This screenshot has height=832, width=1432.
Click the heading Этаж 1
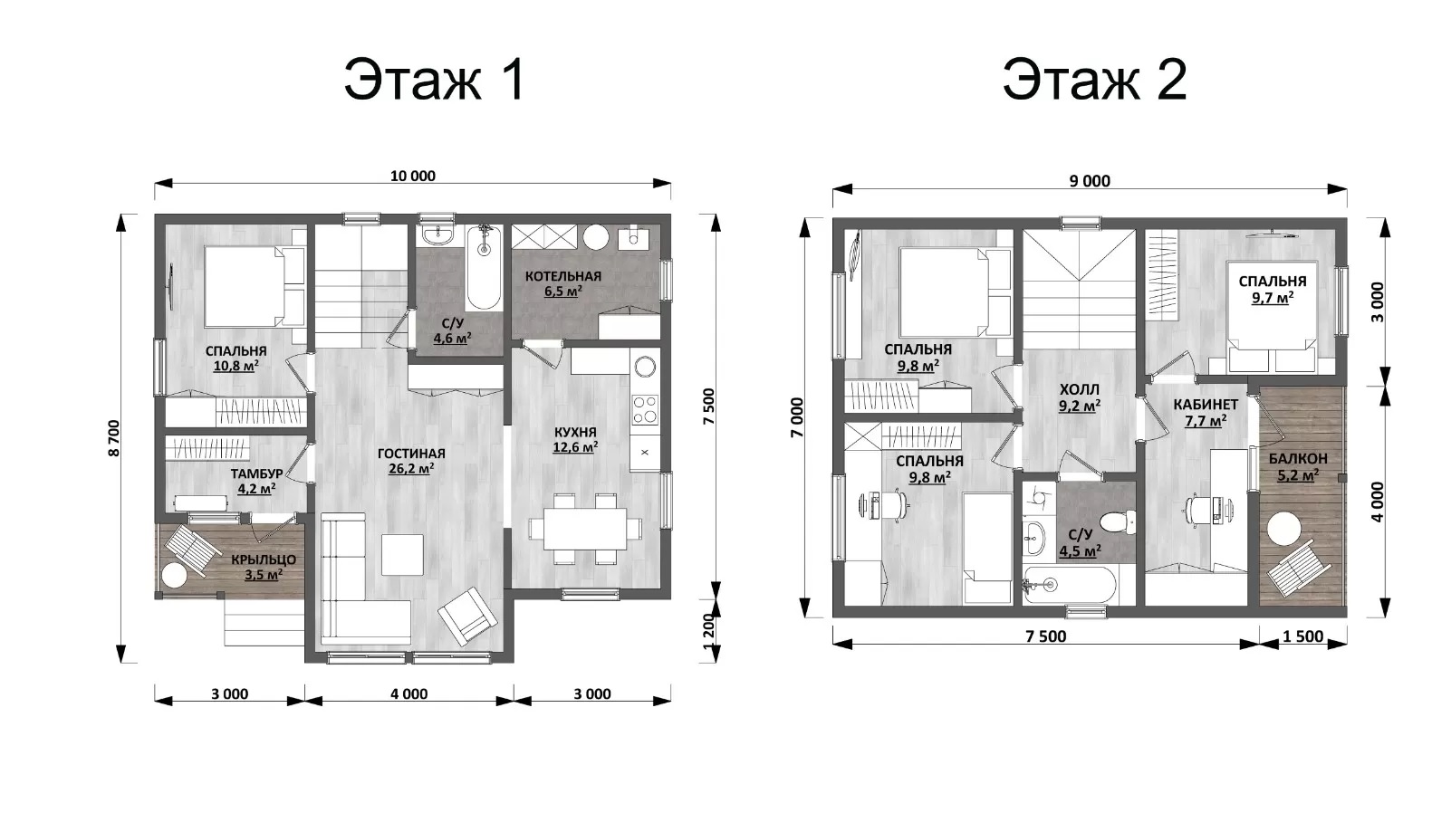click(435, 80)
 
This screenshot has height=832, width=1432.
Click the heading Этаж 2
click(1094, 80)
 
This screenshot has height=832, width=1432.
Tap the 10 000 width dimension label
click(413, 176)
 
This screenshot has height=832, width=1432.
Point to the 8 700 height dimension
click(114, 437)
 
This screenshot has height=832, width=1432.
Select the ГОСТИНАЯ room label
click(411, 454)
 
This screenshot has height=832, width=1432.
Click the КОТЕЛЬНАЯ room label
click(563, 276)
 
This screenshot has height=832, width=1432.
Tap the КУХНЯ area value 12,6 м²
click(575, 446)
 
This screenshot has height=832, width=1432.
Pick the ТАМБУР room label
click(256, 473)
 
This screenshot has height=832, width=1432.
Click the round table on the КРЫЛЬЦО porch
click(173, 575)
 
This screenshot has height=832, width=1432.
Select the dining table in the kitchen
click(585, 529)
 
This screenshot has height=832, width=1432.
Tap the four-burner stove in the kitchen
click(644, 409)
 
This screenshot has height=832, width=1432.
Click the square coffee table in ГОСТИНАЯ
click(402, 555)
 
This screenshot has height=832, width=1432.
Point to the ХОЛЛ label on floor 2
click(1079, 390)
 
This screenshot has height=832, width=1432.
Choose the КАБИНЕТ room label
click(1206, 405)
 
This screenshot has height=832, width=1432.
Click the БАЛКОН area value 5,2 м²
click(1298, 475)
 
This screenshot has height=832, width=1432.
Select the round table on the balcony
click(1283, 530)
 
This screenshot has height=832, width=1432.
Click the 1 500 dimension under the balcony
click(1302, 636)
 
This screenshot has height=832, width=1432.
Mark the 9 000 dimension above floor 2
click(1090, 181)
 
